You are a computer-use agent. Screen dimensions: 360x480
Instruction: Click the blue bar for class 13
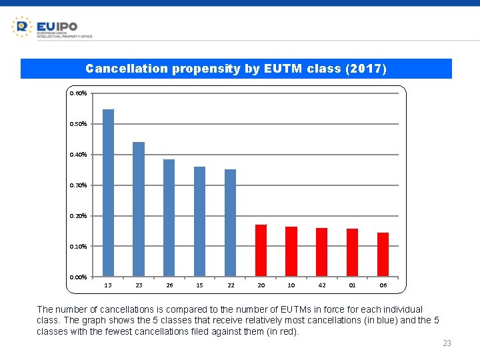point(108,193)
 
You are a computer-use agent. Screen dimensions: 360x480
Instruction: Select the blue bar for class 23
point(139,209)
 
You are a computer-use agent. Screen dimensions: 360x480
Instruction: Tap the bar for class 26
point(169,218)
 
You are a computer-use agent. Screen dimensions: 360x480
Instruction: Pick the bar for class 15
point(199,221)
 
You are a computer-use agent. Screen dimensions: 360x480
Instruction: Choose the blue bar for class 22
point(230,223)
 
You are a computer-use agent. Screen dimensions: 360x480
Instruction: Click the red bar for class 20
point(261,251)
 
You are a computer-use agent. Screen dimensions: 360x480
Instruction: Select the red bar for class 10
point(291,251)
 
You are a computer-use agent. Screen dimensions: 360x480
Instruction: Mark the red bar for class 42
point(321,252)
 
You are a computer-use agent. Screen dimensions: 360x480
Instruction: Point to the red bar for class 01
point(352,253)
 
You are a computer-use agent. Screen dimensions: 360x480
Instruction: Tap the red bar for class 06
point(383,255)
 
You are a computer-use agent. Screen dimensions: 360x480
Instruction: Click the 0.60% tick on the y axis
point(78,93)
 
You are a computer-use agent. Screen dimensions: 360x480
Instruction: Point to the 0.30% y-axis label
point(78,185)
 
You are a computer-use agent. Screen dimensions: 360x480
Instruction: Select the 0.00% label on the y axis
point(78,277)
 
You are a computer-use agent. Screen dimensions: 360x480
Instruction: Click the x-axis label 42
point(322,285)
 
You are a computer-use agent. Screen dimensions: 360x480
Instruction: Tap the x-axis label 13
point(108,285)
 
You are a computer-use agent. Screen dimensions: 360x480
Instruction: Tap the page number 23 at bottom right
point(447,343)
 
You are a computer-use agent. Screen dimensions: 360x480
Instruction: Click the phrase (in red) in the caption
point(282,331)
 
